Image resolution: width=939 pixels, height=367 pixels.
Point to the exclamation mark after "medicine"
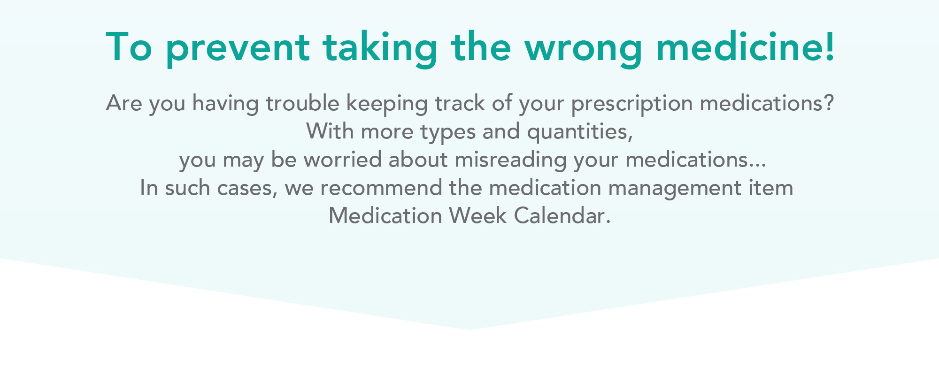pos(830,46)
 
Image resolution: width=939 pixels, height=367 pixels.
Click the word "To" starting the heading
pos(129,47)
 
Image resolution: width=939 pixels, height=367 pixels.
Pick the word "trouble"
pos(302,103)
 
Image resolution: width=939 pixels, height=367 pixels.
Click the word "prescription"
pos(631,105)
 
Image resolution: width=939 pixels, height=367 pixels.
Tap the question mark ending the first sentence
pos(829,103)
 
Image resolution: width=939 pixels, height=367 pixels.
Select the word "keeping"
pos(387,105)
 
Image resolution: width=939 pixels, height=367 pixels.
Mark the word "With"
pos(330,131)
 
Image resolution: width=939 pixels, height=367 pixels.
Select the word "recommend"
pos(381,188)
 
